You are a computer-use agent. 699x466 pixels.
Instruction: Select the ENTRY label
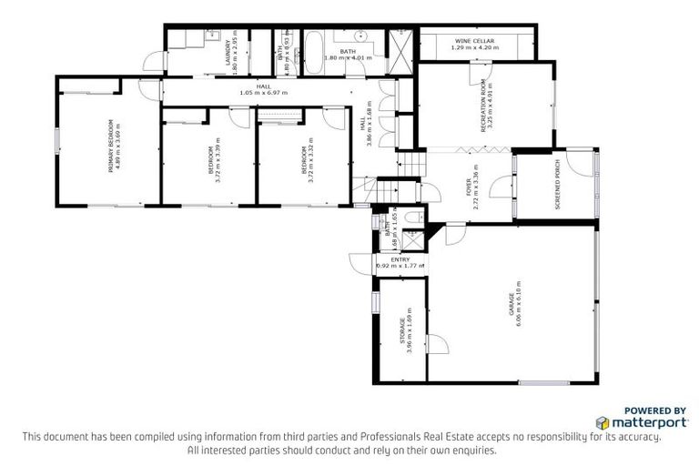pyautogui.click(x=400, y=259)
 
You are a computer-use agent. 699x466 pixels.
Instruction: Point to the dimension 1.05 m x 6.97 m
pyautogui.click(x=264, y=93)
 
